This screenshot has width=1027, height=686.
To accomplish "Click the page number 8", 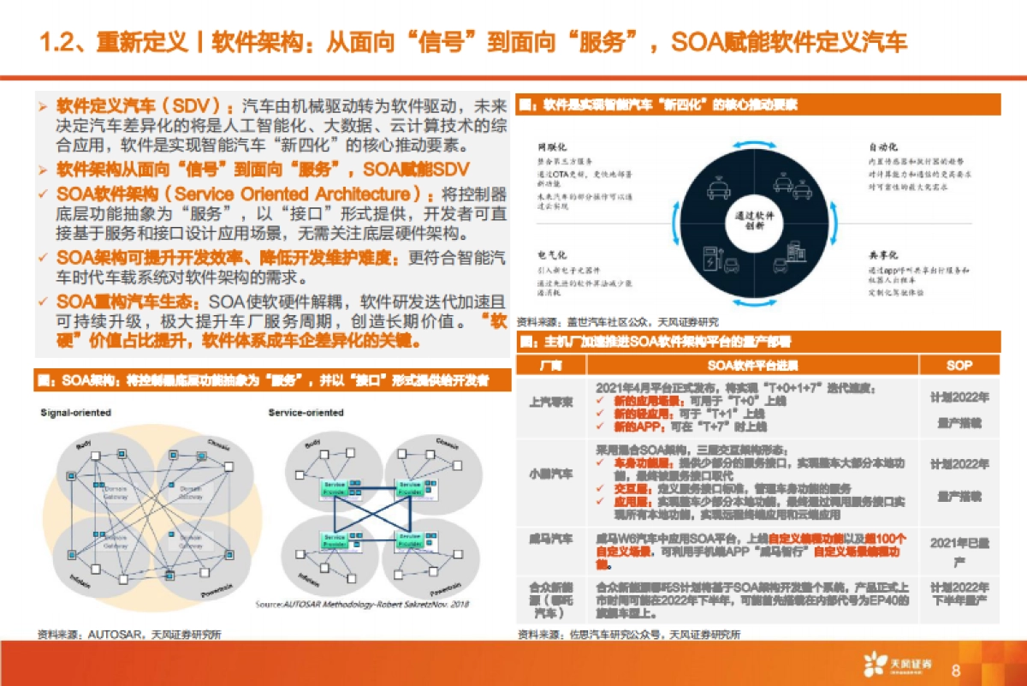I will point(956,669).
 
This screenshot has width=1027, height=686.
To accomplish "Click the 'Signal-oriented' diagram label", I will point(76,413).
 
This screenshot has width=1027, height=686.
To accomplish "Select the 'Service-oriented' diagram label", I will point(306,413).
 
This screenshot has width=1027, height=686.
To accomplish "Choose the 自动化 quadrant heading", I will point(882,146).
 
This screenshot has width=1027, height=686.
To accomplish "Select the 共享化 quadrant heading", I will point(882,255).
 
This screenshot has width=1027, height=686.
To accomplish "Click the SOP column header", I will point(959,366).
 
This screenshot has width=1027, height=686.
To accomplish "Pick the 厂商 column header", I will point(551,366).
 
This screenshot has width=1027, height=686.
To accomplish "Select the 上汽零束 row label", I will point(551,402).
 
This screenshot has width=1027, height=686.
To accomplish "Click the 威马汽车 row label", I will point(551,539).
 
